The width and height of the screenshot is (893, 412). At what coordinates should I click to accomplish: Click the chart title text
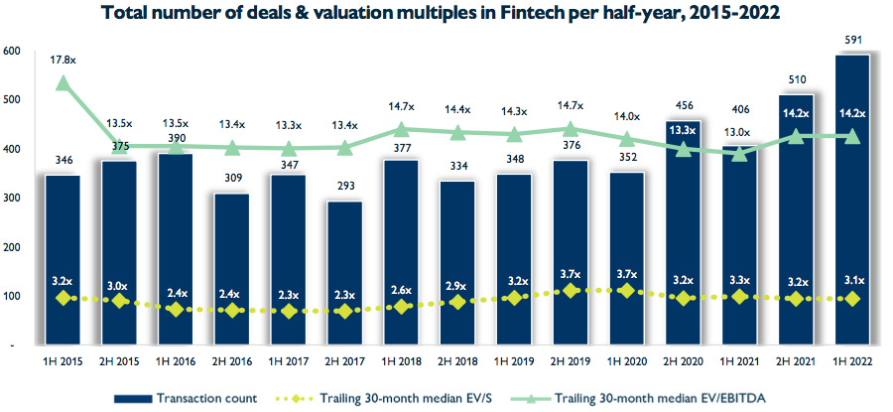click(x=446, y=14)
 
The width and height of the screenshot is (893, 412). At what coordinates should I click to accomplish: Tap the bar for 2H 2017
click(x=344, y=273)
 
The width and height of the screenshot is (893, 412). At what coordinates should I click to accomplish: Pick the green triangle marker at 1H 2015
click(x=63, y=83)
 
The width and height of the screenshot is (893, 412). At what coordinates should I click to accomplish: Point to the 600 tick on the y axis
click(x=12, y=51)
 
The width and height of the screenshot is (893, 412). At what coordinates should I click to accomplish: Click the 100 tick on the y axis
click(x=12, y=297)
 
